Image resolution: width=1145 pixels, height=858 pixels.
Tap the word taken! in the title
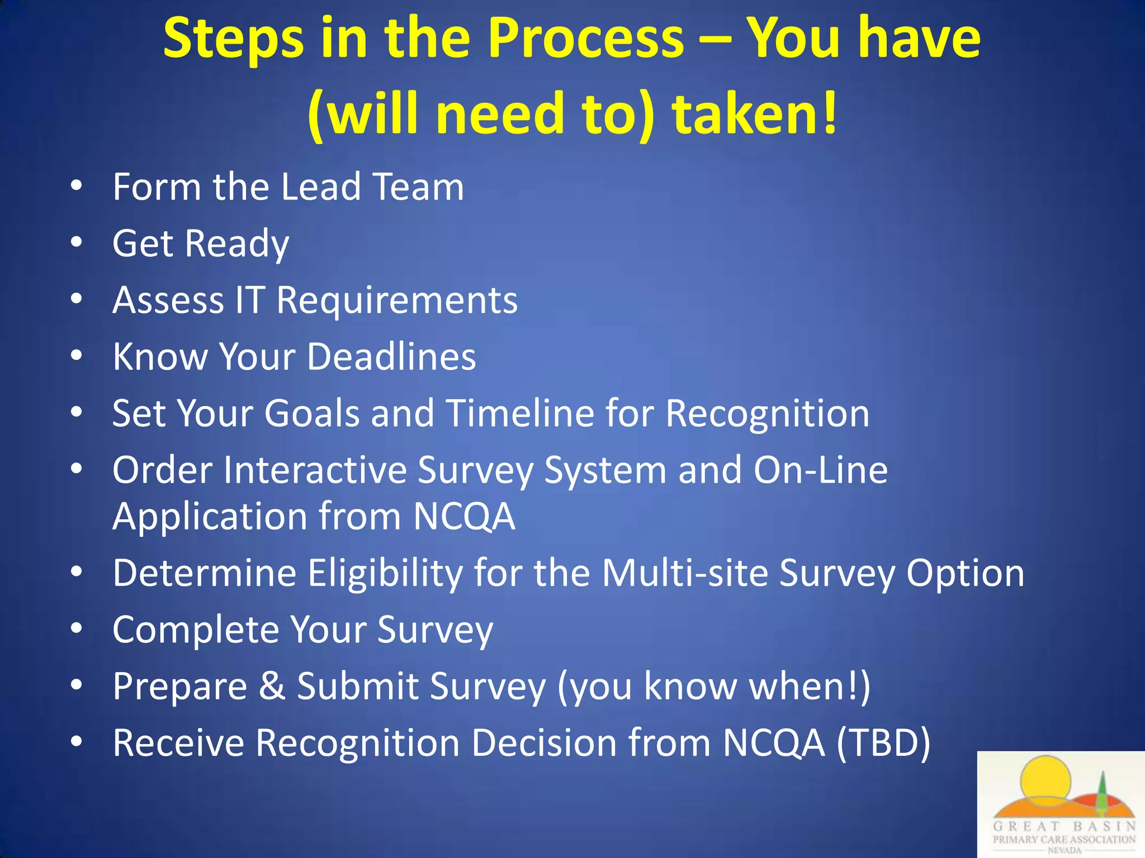pyautogui.click(x=755, y=114)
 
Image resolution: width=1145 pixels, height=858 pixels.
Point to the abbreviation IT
pyautogui.click(x=249, y=300)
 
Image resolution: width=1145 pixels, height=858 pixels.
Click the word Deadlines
pyautogui.click(x=391, y=356)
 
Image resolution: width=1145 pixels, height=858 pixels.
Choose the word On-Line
pyautogui.click(x=820, y=470)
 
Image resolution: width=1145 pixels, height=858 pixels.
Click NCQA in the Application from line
pyautogui.click(x=464, y=516)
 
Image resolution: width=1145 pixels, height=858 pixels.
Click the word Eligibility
pyautogui.click(x=385, y=573)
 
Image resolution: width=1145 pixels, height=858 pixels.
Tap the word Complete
pyautogui.click(x=196, y=630)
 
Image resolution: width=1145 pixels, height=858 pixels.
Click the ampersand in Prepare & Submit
pyautogui.click(x=272, y=686)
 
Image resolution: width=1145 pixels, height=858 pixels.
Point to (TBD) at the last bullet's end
pyautogui.click(x=883, y=743)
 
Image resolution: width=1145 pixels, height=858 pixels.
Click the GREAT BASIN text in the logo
pyautogui.click(x=1064, y=826)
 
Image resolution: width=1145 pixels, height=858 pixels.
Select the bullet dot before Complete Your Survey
pyautogui.click(x=77, y=628)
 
